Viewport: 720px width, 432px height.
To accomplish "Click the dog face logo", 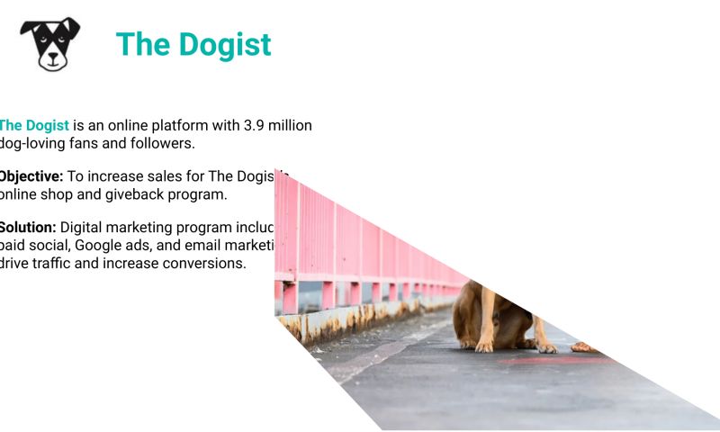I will [x=50, y=43].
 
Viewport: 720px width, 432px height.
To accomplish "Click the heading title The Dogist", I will [x=193, y=44].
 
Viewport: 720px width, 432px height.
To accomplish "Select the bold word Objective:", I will [x=31, y=176].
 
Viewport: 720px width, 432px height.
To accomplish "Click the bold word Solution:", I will [x=28, y=228].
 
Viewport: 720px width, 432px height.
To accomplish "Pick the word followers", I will [x=164, y=142].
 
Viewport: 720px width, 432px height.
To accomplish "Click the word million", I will [x=292, y=125].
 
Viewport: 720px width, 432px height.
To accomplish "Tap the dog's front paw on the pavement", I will [x=484, y=346].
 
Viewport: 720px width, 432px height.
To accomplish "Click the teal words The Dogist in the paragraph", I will [x=34, y=125].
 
